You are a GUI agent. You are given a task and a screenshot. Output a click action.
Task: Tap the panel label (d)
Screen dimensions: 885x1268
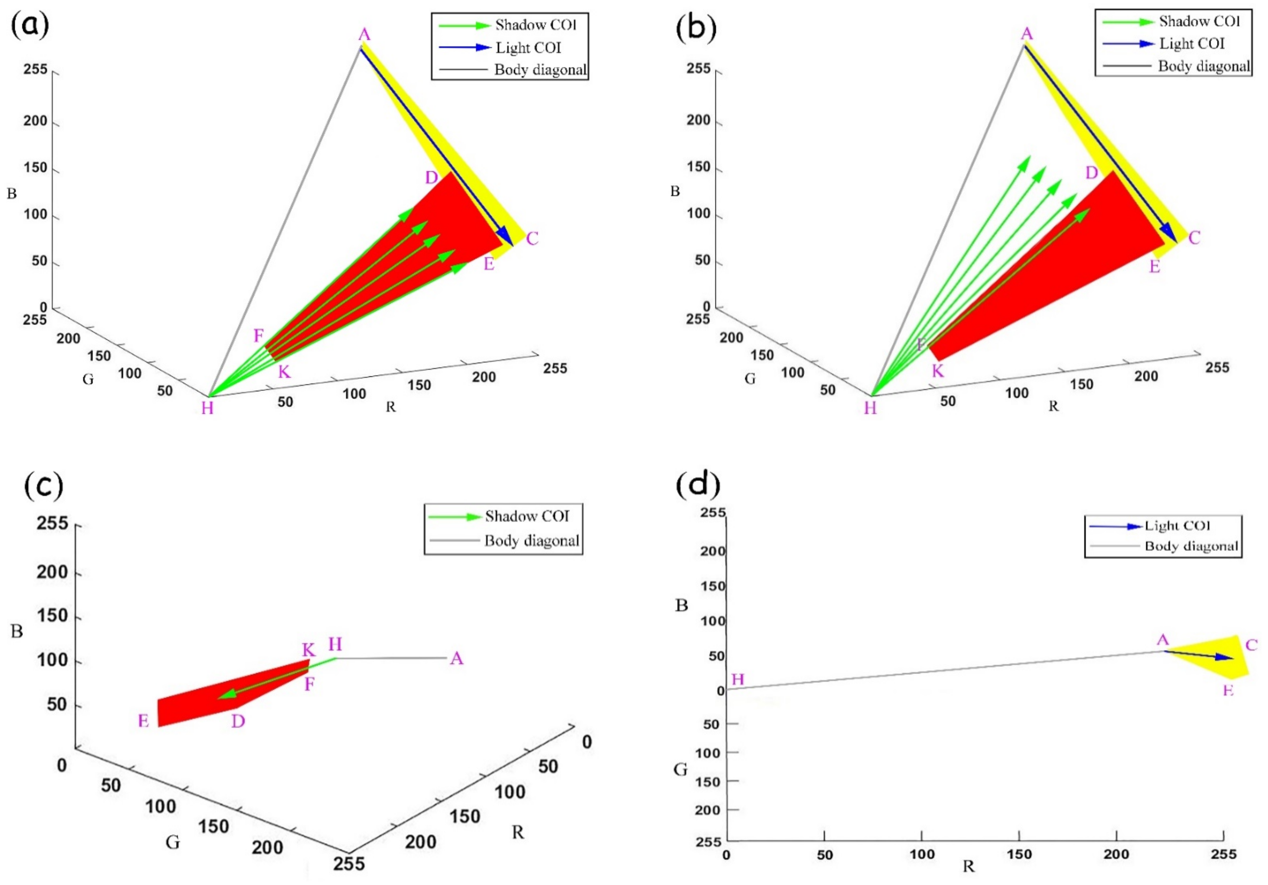698,484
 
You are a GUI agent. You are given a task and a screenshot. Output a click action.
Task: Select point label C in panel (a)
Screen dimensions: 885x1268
532,239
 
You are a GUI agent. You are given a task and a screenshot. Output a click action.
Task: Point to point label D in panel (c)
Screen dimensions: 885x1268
238,721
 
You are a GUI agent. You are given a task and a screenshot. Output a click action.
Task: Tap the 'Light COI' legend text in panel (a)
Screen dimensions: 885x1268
528,48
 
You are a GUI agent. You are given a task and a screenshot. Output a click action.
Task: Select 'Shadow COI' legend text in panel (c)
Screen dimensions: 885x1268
527,516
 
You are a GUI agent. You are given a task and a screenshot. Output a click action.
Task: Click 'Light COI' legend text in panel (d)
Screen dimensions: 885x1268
1177,526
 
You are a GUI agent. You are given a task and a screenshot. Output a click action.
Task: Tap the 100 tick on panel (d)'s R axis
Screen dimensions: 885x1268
922,854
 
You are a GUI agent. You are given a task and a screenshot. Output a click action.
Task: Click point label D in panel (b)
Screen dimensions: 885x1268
1091,173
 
